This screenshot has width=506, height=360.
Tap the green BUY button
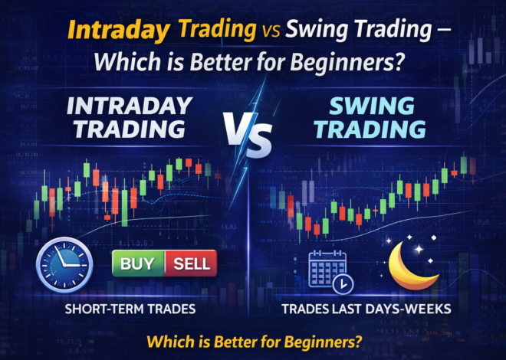(x=136, y=264)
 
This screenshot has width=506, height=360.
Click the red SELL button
(x=189, y=264)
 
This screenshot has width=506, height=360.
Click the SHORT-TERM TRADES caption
(x=129, y=309)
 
